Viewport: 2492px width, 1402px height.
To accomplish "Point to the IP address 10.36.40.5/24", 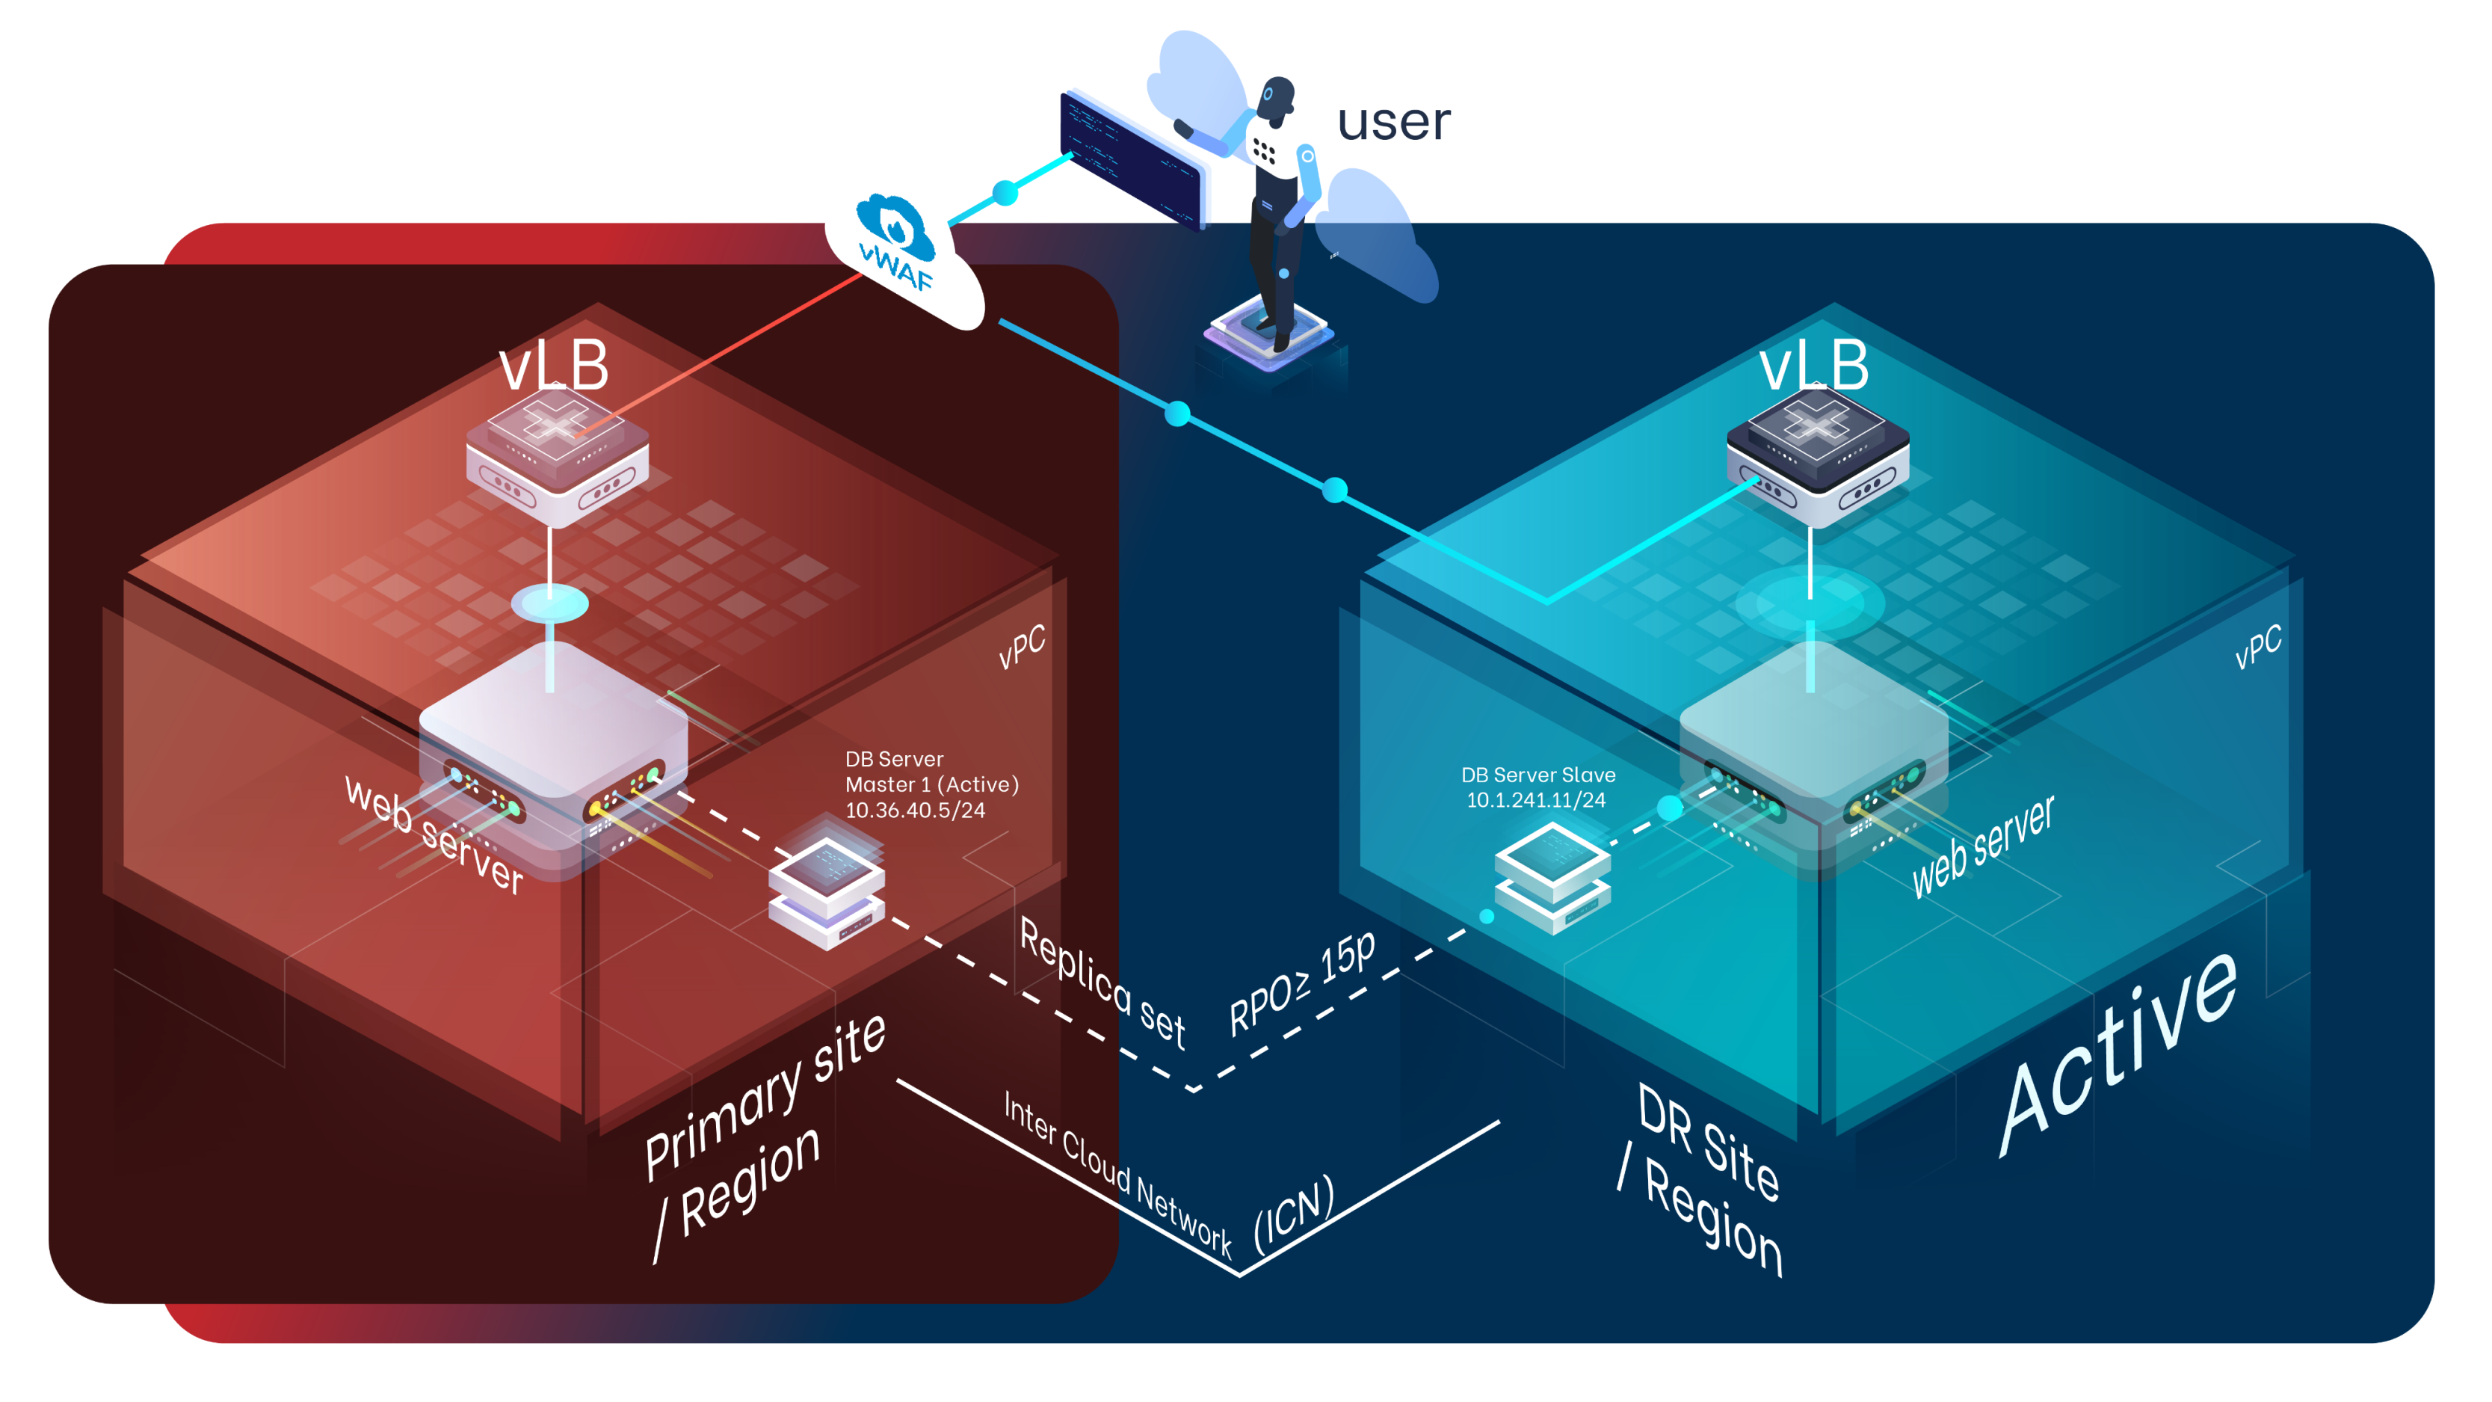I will (915, 811).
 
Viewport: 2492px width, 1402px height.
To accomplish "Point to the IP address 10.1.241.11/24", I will (1536, 800).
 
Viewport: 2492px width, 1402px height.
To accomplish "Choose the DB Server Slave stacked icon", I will (1552, 876).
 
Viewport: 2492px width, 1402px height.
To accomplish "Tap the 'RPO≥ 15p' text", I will (1302, 983).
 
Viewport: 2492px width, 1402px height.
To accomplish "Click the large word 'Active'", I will (2118, 1054).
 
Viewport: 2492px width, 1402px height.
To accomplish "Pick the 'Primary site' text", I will (764, 1095).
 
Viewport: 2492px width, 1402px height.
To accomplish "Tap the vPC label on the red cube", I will (1022, 646).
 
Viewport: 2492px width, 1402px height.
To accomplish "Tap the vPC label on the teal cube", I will (2258, 646).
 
